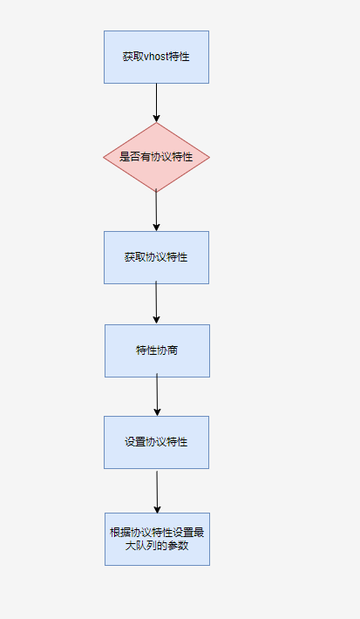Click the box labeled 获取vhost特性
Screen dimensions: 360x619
[x=156, y=58]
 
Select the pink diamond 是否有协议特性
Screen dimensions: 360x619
[x=156, y=157]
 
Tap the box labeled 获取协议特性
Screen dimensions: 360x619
[x=156, y=257]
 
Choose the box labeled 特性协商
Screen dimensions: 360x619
[x=157, y=350]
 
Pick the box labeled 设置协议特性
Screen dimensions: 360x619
[x=156, y=442]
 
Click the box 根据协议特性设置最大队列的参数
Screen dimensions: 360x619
[x=157, y=540]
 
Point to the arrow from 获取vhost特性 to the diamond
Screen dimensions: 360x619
[x=156, y=103]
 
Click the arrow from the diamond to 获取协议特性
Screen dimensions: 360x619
[x=156, y=210]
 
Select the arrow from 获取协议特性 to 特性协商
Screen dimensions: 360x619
[x=156, y=303]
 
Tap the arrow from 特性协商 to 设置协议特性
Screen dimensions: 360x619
[x=157, y=395]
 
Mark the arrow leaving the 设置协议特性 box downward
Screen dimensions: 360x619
[x=157, y=492]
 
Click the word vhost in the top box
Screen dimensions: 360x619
[x=156, y=57]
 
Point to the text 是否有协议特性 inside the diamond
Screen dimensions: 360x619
[x=156, y=157]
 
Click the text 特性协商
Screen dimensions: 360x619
[x=157, y=350]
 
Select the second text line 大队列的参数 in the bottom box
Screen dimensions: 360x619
[x=157, y=546]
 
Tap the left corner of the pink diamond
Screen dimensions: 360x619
[x=104, y=157]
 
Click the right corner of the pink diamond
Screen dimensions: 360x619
[x=209, y=157]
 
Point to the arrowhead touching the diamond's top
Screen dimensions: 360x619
[x=156, y=119]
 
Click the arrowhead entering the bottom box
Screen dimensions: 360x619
[x=157, y=509]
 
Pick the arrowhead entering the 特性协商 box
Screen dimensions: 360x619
[x=156, y=320]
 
